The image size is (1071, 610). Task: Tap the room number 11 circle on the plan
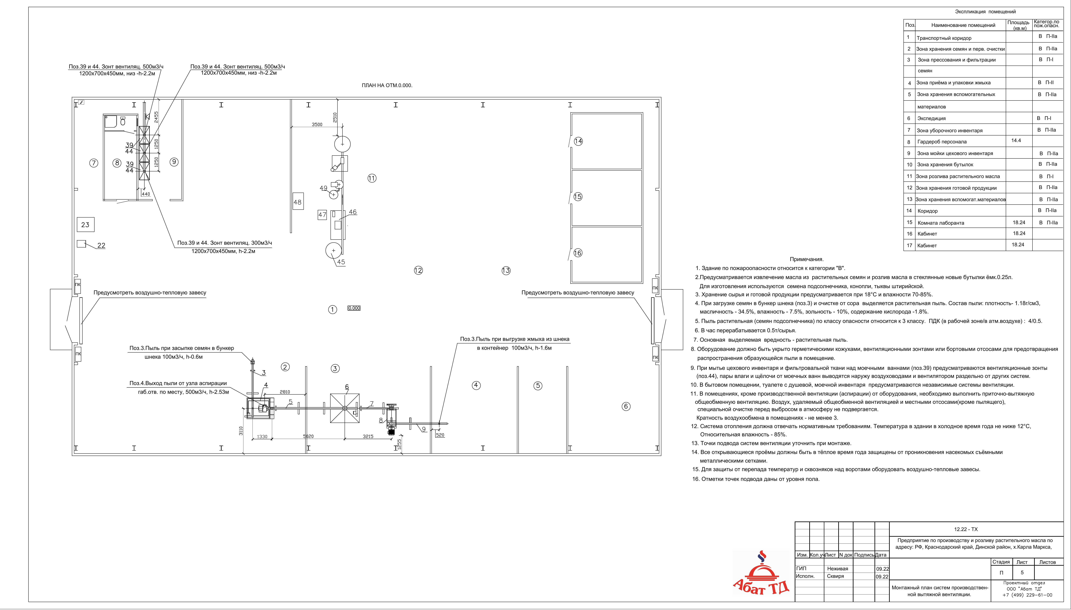tap(372, 179)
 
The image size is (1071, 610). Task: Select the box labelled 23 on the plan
tap(85, 224)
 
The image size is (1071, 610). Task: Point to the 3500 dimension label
tap(317, 124)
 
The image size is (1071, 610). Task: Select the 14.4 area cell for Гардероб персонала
tap(1016, 141)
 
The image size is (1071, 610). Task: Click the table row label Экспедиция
tap(929, 119)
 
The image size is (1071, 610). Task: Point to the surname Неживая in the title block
tap(838, 569)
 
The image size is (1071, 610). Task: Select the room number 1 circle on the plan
tap(333, 310)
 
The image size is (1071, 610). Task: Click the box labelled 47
tap(322, 215)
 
